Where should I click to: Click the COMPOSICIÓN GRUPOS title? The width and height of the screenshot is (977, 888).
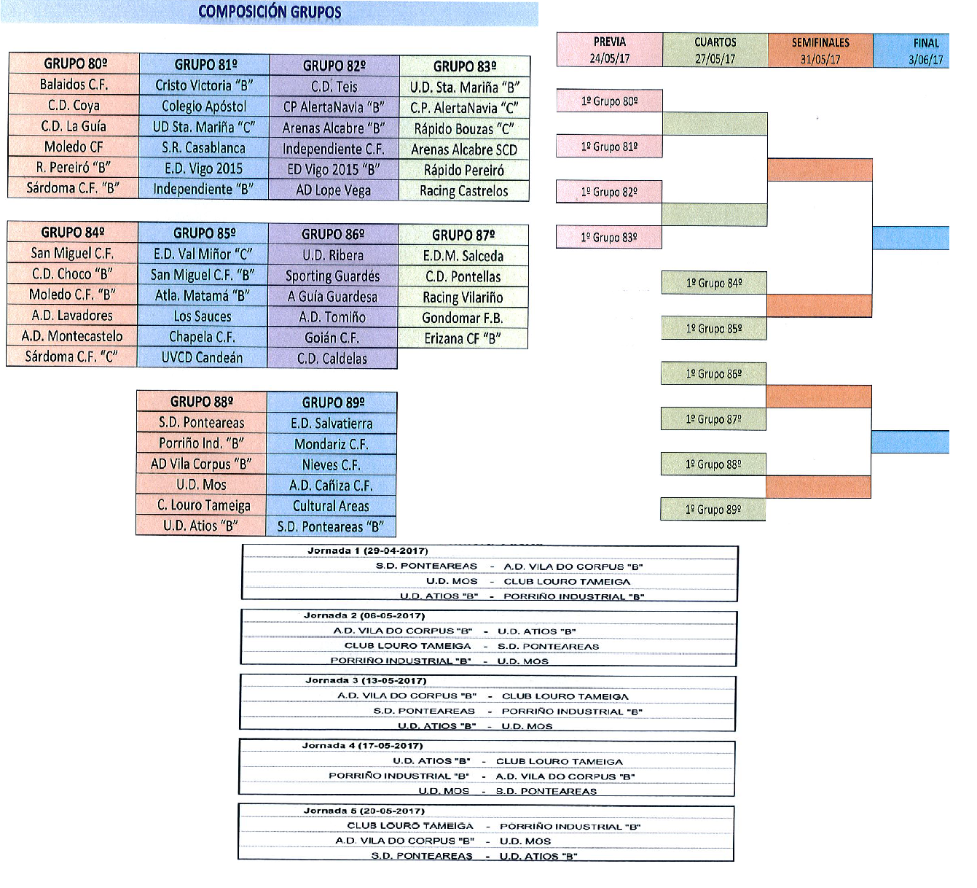click(270, 12)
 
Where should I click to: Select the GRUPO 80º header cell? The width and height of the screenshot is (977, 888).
click(74, 63)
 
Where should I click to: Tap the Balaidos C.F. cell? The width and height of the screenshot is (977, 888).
click(74, 85)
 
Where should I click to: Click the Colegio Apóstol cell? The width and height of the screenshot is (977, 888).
click(204, 106)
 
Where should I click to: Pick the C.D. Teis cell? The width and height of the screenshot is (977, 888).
click(334, 87)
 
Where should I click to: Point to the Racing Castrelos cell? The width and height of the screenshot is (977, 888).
click(464, 190)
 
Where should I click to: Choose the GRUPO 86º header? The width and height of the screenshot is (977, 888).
click(333, 234)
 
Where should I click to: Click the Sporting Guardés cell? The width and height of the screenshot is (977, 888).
click(333, 276)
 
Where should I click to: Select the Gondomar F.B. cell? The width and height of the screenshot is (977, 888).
click(463, 318)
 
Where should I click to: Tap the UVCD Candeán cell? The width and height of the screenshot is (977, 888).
click(202, 357)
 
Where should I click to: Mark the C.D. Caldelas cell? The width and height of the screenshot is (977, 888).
click(332, 358)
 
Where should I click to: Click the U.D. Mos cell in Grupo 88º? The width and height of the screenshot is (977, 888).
click(201, 484)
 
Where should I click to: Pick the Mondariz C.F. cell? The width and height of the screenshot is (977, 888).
click(331, 444)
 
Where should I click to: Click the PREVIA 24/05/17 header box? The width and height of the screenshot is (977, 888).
click(609, 50)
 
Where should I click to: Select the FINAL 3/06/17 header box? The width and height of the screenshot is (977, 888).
click(911, 51)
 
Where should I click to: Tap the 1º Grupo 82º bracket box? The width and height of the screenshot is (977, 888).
click(609, 192)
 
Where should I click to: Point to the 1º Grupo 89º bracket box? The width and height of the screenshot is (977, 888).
click(713, 510)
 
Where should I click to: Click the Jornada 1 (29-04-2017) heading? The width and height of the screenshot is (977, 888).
click(368, 550)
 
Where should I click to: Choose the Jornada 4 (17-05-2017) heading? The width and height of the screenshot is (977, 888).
click(362, 746)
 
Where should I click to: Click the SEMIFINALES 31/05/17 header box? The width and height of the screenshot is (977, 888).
click(820, 51)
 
